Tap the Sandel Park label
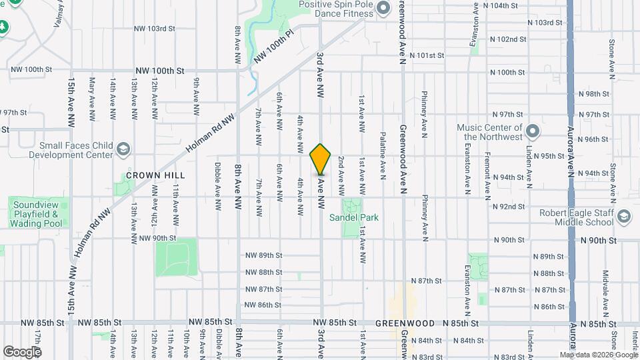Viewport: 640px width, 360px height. click(353, 217)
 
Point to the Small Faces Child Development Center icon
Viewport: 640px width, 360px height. click(123, 149)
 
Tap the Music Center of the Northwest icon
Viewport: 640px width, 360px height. click(532, 129)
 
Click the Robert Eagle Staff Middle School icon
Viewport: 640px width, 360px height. click(623, 217)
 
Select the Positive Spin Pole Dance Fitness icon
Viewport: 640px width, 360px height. click(383, 8)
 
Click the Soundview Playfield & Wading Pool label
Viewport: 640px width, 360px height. click(38, 212)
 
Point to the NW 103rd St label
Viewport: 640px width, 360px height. click(154, 29)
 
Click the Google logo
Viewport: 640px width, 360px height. click(22, 351)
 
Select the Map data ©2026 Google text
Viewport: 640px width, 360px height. click(597, 355)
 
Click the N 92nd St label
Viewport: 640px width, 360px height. click(509, 207)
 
